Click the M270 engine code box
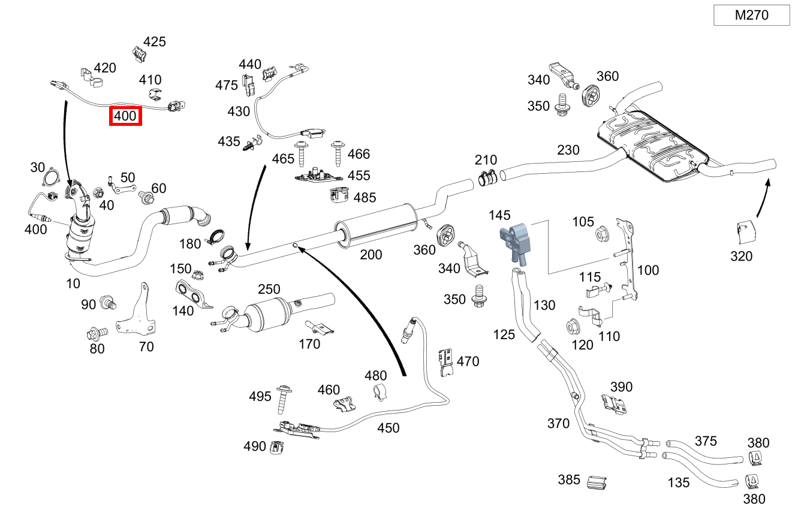click(751, 16)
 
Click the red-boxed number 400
click(125, 116)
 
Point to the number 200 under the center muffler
click(371, 255)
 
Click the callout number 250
click(269, 289)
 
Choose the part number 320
click(741, 256)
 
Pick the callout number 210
click(486, 160)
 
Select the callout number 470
click(468, 361)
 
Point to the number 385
click(569, 479)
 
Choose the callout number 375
click(705, 441)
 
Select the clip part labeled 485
click(339, 195)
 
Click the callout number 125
click(504, 334)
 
